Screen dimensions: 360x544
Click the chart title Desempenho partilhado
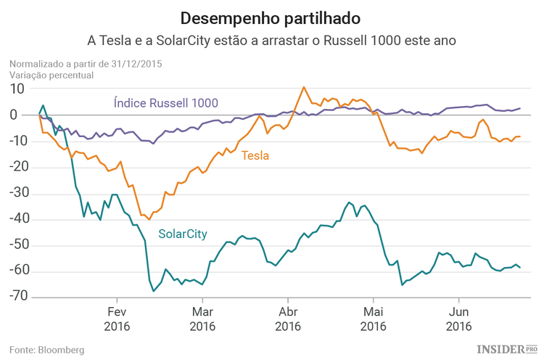pos(272,17)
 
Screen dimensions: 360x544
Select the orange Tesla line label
pos(255,155)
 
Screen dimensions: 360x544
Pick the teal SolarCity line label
pos(183,234)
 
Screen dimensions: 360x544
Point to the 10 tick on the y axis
pos(17,89)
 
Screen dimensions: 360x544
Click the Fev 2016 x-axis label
pos(117,319)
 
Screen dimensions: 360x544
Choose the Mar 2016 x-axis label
pos(202,319)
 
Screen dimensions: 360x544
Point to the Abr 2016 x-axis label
pos(288,319)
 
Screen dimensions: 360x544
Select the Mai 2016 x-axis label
pos(373,319)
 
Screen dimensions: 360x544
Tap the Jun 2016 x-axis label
pos(458,319)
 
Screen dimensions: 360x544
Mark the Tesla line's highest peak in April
pos(303,87)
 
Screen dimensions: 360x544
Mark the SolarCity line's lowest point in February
pos(154,291)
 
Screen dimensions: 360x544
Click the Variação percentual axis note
pos(51,75)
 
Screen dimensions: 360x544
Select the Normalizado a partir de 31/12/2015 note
pos(86,64)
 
